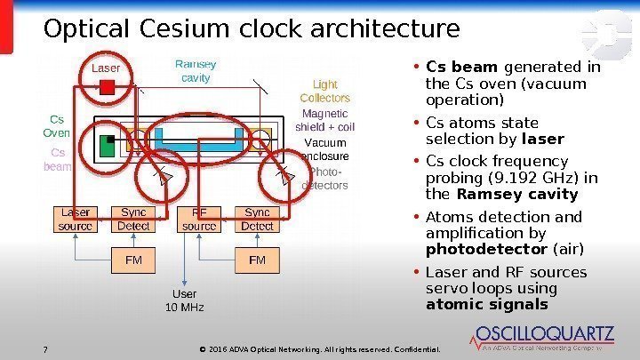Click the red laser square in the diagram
click(107, 86)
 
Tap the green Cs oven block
click(108, 146)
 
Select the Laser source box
click(76, 220)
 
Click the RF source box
click(199, 220)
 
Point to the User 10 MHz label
click(185, 300)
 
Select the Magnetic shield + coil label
click(325, 120)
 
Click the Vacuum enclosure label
click(325, 149)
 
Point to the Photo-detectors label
click(325, 179)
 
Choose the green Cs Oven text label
click(56, 125)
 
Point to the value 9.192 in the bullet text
click(502, 177)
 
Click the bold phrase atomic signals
click(486, 305)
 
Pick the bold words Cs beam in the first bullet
click(460, 67)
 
